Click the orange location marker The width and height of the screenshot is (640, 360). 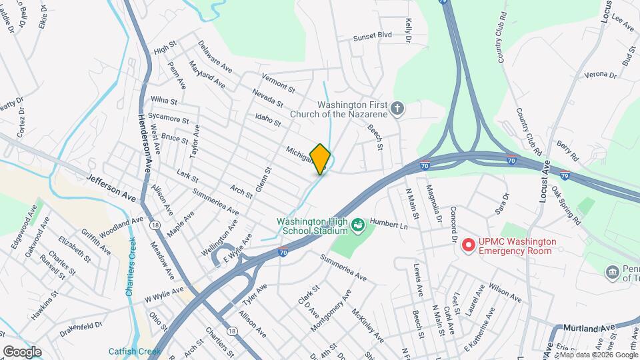321,159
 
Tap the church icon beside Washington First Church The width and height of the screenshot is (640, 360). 397,109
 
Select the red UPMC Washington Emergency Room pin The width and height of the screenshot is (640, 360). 469,245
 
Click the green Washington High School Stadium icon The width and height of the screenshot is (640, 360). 357,225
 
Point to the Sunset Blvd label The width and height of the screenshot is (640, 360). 372,35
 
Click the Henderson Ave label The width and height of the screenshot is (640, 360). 145,141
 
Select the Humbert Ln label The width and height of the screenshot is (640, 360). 389,225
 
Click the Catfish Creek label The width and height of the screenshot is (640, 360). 131,351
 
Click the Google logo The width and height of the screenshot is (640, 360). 22,351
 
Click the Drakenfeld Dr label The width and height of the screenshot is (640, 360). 80,326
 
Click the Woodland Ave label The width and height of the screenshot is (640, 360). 121,227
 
